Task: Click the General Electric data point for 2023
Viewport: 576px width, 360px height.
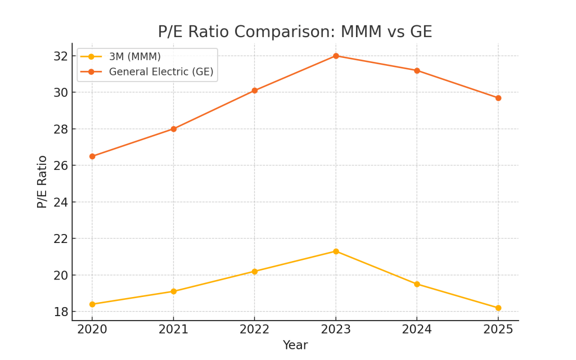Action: (336, 56)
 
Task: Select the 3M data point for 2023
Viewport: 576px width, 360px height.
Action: (336, 251)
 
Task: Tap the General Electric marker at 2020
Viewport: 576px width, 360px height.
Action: (92, 156)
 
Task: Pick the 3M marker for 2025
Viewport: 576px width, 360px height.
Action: (498, 308)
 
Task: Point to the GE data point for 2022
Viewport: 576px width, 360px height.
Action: (254, 91)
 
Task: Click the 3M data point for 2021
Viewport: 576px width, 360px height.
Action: (173, 291)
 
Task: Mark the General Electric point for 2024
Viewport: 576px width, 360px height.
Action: (417, 70)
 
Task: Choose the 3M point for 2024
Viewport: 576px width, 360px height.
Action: (417, 284)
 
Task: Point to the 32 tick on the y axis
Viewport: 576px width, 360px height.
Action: (61, 56)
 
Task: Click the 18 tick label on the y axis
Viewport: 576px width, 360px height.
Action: (61, 312)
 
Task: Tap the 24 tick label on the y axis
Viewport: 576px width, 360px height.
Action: (61, 202)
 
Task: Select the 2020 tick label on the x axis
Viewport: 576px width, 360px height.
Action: (92, 330)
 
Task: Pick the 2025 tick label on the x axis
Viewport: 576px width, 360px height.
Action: (498, 330)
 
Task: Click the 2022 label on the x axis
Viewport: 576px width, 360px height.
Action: (254, 330)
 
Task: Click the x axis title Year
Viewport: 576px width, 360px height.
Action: (295, 345)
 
